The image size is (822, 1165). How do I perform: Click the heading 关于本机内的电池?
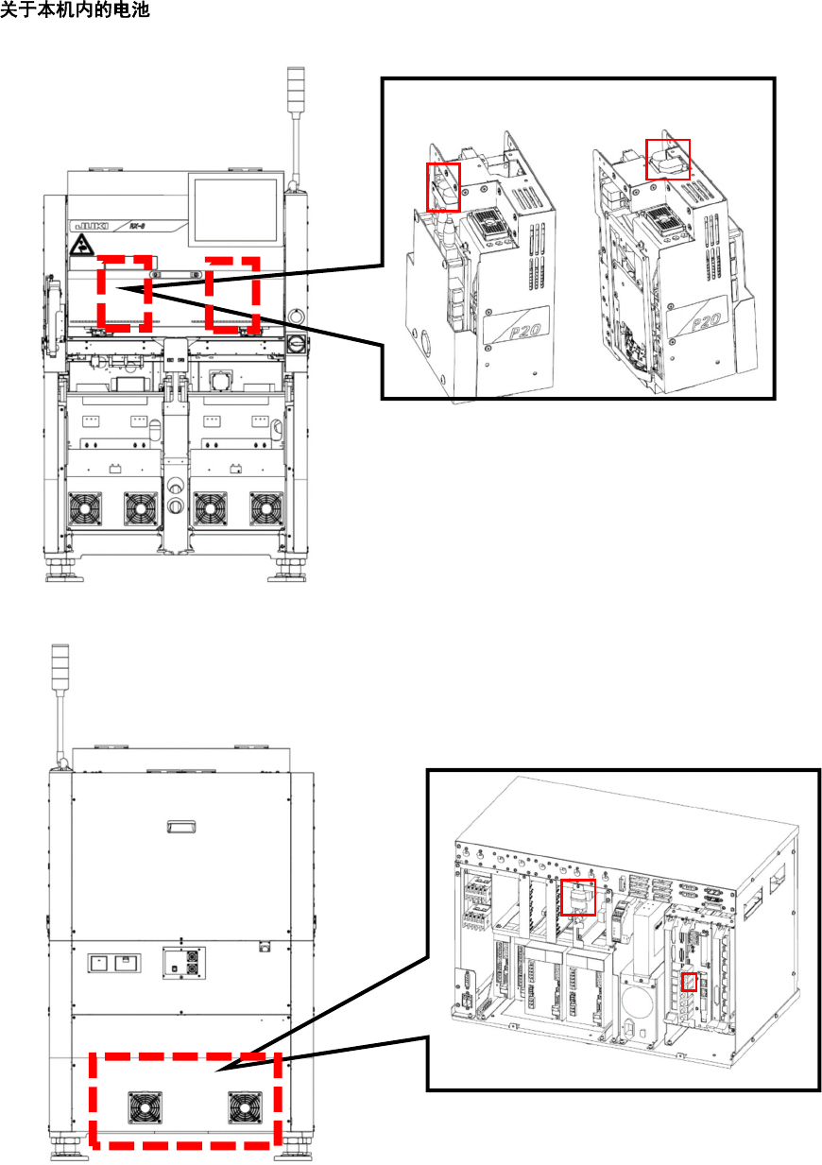click(x=76, y=10)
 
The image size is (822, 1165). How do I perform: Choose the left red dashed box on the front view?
click(x=124, y=292)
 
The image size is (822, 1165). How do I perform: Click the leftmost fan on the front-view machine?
click(x=85, y=510)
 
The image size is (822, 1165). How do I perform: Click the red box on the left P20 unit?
click(x=443, y=186)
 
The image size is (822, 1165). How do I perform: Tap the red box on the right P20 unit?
click(x=668, y=160)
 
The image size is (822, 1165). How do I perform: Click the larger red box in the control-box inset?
click(x=578, y=897)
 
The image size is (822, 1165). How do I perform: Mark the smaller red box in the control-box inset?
click(x=689, y=982)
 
